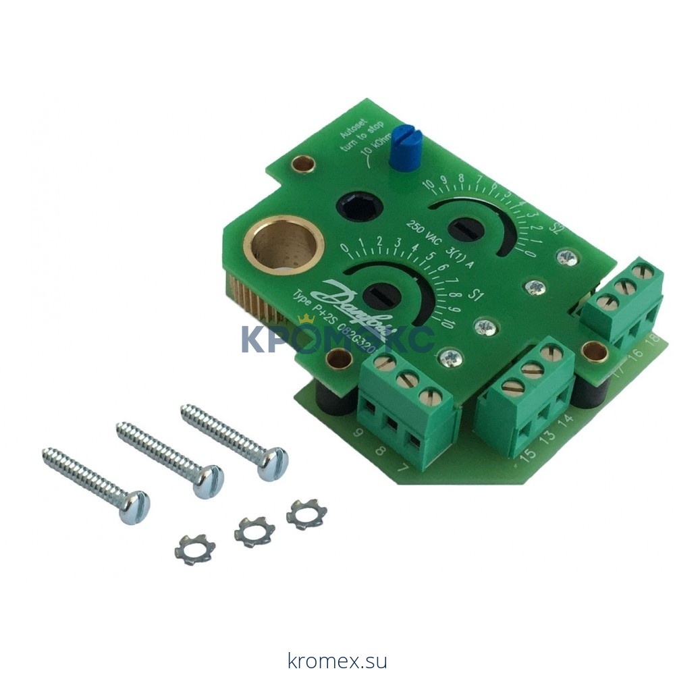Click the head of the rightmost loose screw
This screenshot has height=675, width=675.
pyautogui.click(x=273, y=463)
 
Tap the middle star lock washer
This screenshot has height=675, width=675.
pyautogui.click(x=254, y=531)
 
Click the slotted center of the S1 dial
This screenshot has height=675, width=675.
pyautogui.click(x=380, y=297)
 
